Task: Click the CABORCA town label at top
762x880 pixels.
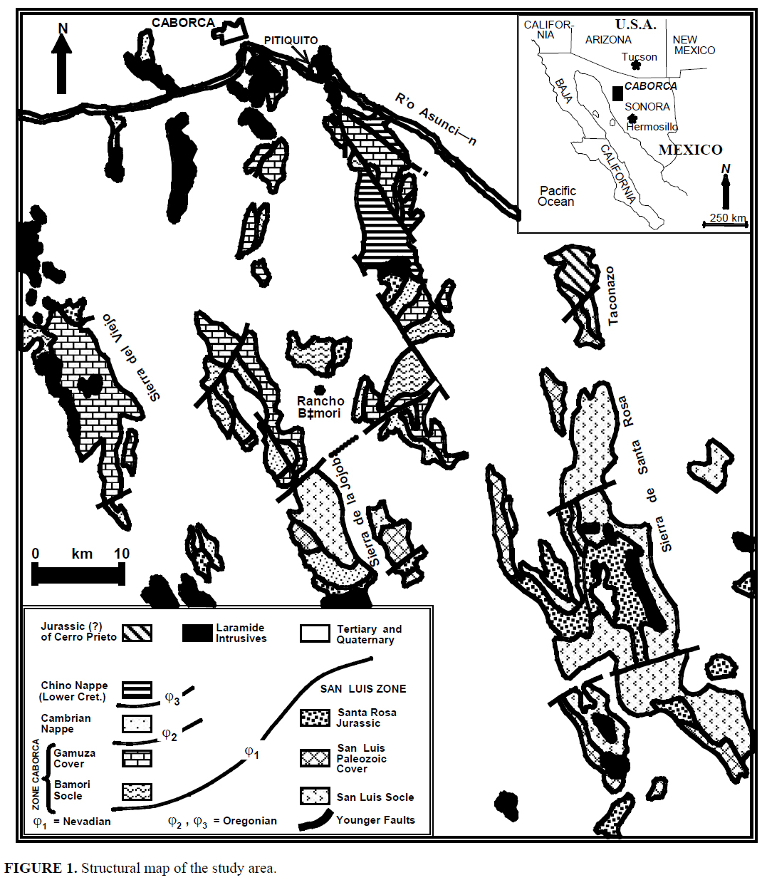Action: [183, 23]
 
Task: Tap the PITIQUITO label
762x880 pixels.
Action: [291, 41]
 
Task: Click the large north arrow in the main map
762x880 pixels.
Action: [62, 63]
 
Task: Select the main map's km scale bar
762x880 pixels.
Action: [78, 574]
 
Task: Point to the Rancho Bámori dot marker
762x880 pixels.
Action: [319, 389]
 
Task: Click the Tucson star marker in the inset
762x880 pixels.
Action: [636, 65]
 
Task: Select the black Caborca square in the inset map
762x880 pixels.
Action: [617, 93]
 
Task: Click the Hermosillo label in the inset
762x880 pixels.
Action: [652, 127]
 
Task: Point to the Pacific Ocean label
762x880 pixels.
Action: [558, 196]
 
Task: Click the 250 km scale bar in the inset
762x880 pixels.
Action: [725, 224]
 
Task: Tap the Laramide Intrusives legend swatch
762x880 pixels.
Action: [197, 633]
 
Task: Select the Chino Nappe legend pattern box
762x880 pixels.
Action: [137, 690]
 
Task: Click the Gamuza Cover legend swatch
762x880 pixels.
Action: [137, 758]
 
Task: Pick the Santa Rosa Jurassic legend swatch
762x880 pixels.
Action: [315, 718]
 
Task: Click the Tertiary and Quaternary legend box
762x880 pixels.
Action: [315, 633]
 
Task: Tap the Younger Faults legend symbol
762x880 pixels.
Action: [315, 821]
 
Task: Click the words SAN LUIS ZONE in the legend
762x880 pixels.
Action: [363, 689]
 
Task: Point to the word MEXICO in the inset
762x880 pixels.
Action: [691, 150]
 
